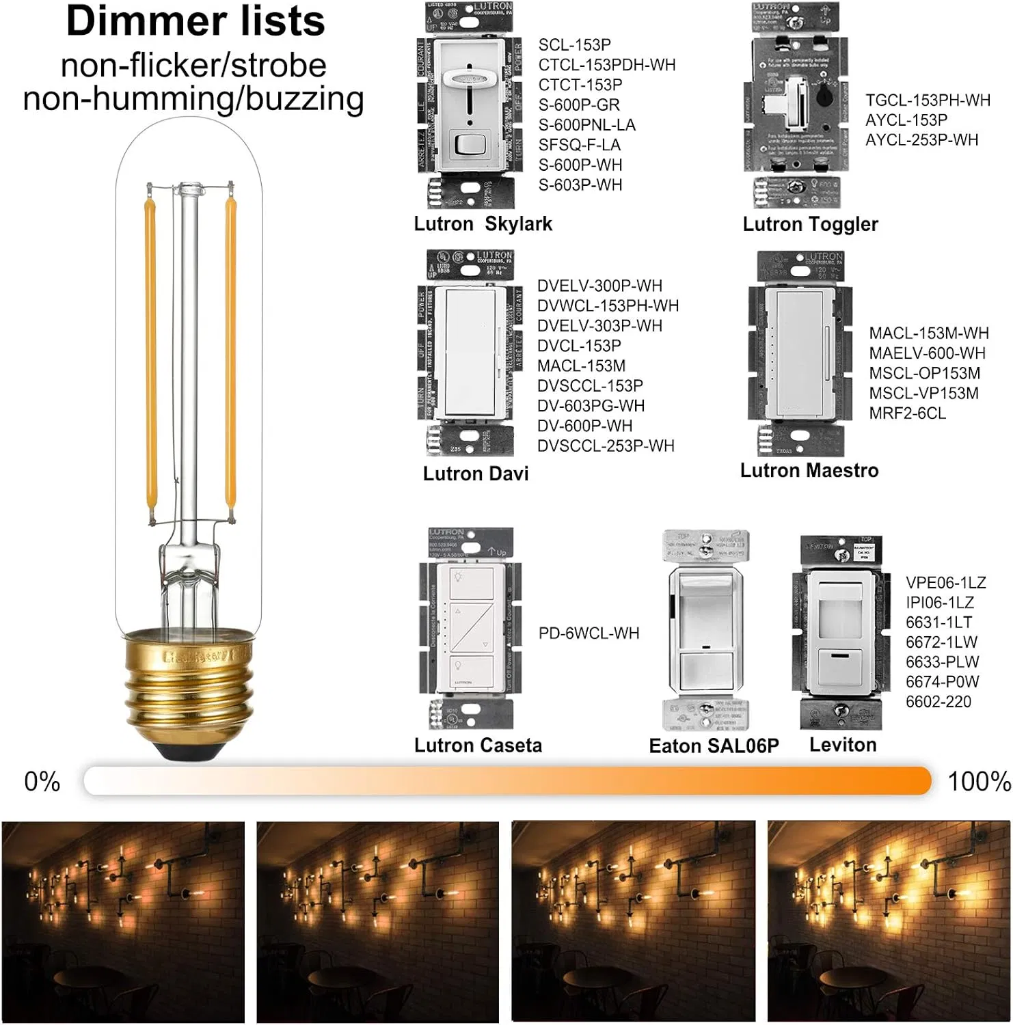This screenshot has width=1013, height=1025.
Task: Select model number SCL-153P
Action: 574,45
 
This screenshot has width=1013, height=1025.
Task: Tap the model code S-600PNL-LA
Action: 586,125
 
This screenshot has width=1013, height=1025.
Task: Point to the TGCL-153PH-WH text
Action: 928,100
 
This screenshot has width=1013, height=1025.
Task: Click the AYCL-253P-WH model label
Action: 921,140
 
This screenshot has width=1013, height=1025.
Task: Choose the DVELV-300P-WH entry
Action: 599,286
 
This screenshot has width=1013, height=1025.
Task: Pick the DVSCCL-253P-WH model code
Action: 606,446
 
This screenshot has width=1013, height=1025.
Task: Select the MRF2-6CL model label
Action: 907,413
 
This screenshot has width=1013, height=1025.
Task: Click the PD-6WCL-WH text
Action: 589,633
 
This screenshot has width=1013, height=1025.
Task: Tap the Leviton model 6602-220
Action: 938,702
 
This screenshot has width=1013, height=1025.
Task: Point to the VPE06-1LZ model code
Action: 945,583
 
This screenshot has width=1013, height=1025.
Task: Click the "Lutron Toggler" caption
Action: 810,224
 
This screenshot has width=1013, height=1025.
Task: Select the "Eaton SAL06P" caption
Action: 714,746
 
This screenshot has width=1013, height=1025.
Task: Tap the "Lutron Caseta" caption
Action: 478,746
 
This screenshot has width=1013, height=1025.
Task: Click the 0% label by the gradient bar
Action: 42,781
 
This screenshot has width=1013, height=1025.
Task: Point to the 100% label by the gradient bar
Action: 979,781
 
